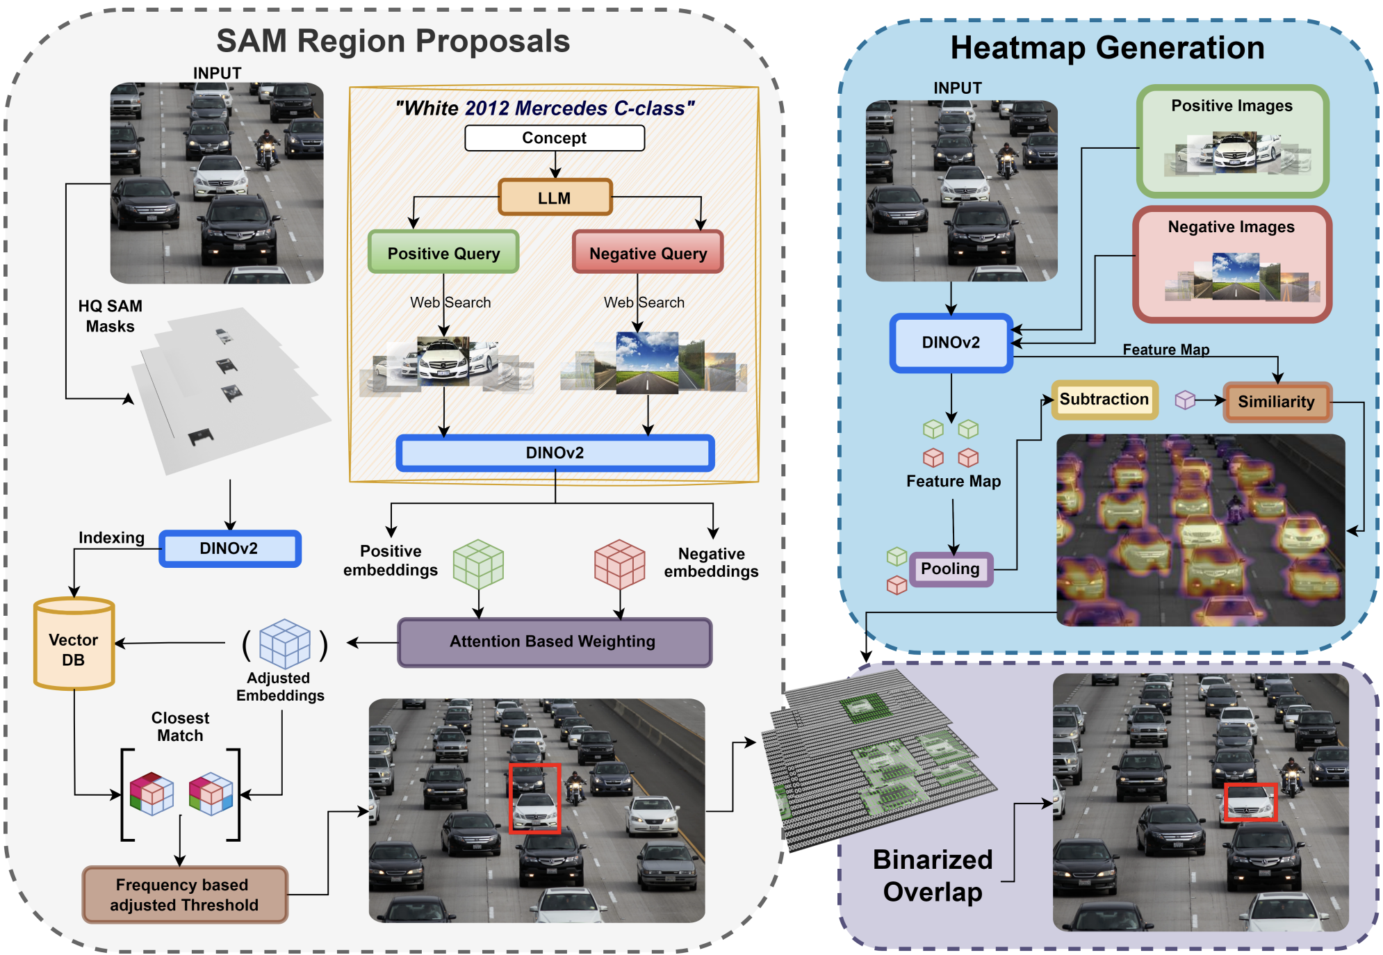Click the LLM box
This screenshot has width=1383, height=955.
tap(555, 197)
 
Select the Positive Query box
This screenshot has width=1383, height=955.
tap(443, 252)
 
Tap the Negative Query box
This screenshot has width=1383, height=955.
tap(648, 252)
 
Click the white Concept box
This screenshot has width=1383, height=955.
tap(555, 138)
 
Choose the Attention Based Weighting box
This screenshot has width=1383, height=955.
tap(554, 642)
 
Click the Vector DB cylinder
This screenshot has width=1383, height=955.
tap(74, 643)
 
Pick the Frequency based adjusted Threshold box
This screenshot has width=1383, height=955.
tap(184, 895)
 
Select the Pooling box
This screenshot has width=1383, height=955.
tap(951, 569)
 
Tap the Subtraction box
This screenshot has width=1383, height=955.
tap(1104, 400)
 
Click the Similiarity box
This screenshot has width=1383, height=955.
tap(1277, 402)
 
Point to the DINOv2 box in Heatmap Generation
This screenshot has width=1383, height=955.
tap(951, 343)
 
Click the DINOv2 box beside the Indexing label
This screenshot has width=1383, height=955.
tap(230, 548)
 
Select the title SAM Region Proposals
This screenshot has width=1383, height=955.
tap(393, 41)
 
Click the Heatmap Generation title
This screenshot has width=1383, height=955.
tap(1108, 48)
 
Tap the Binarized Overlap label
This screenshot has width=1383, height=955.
tap(933, 876)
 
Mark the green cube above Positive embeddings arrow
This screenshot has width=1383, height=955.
tap(478, 564)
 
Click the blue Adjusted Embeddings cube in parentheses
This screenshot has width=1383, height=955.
tap(284, 644)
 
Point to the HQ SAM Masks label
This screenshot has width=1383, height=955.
tap(110, 316)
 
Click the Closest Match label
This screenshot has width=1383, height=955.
tap(180, 726)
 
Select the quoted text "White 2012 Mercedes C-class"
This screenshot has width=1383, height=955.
tap(545, 108)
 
